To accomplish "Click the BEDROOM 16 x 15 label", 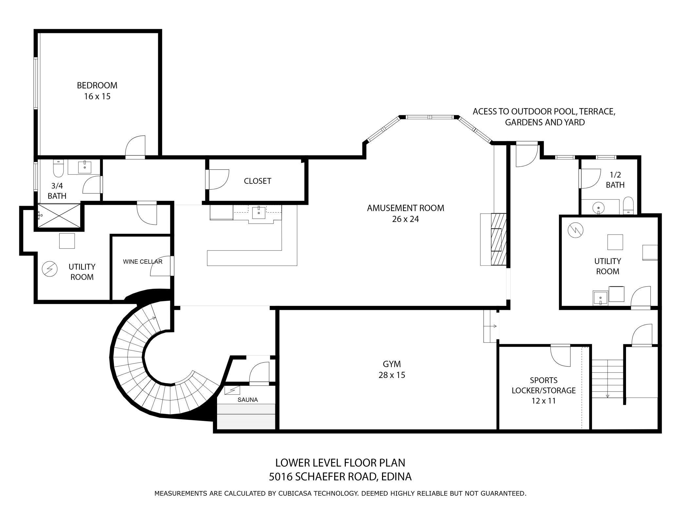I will coord(97,91).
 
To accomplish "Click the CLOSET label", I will coord(257,181).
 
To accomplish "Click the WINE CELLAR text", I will coord(142,261).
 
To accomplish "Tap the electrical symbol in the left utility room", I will coord(50,269).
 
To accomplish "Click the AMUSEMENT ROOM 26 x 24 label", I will coord(405,213).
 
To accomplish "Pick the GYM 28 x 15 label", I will coord(392,369).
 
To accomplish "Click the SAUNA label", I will coord(248,400).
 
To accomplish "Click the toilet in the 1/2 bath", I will coord(628,206).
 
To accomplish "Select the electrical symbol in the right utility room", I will coord(576,230).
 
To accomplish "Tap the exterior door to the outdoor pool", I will coord(526,155).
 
